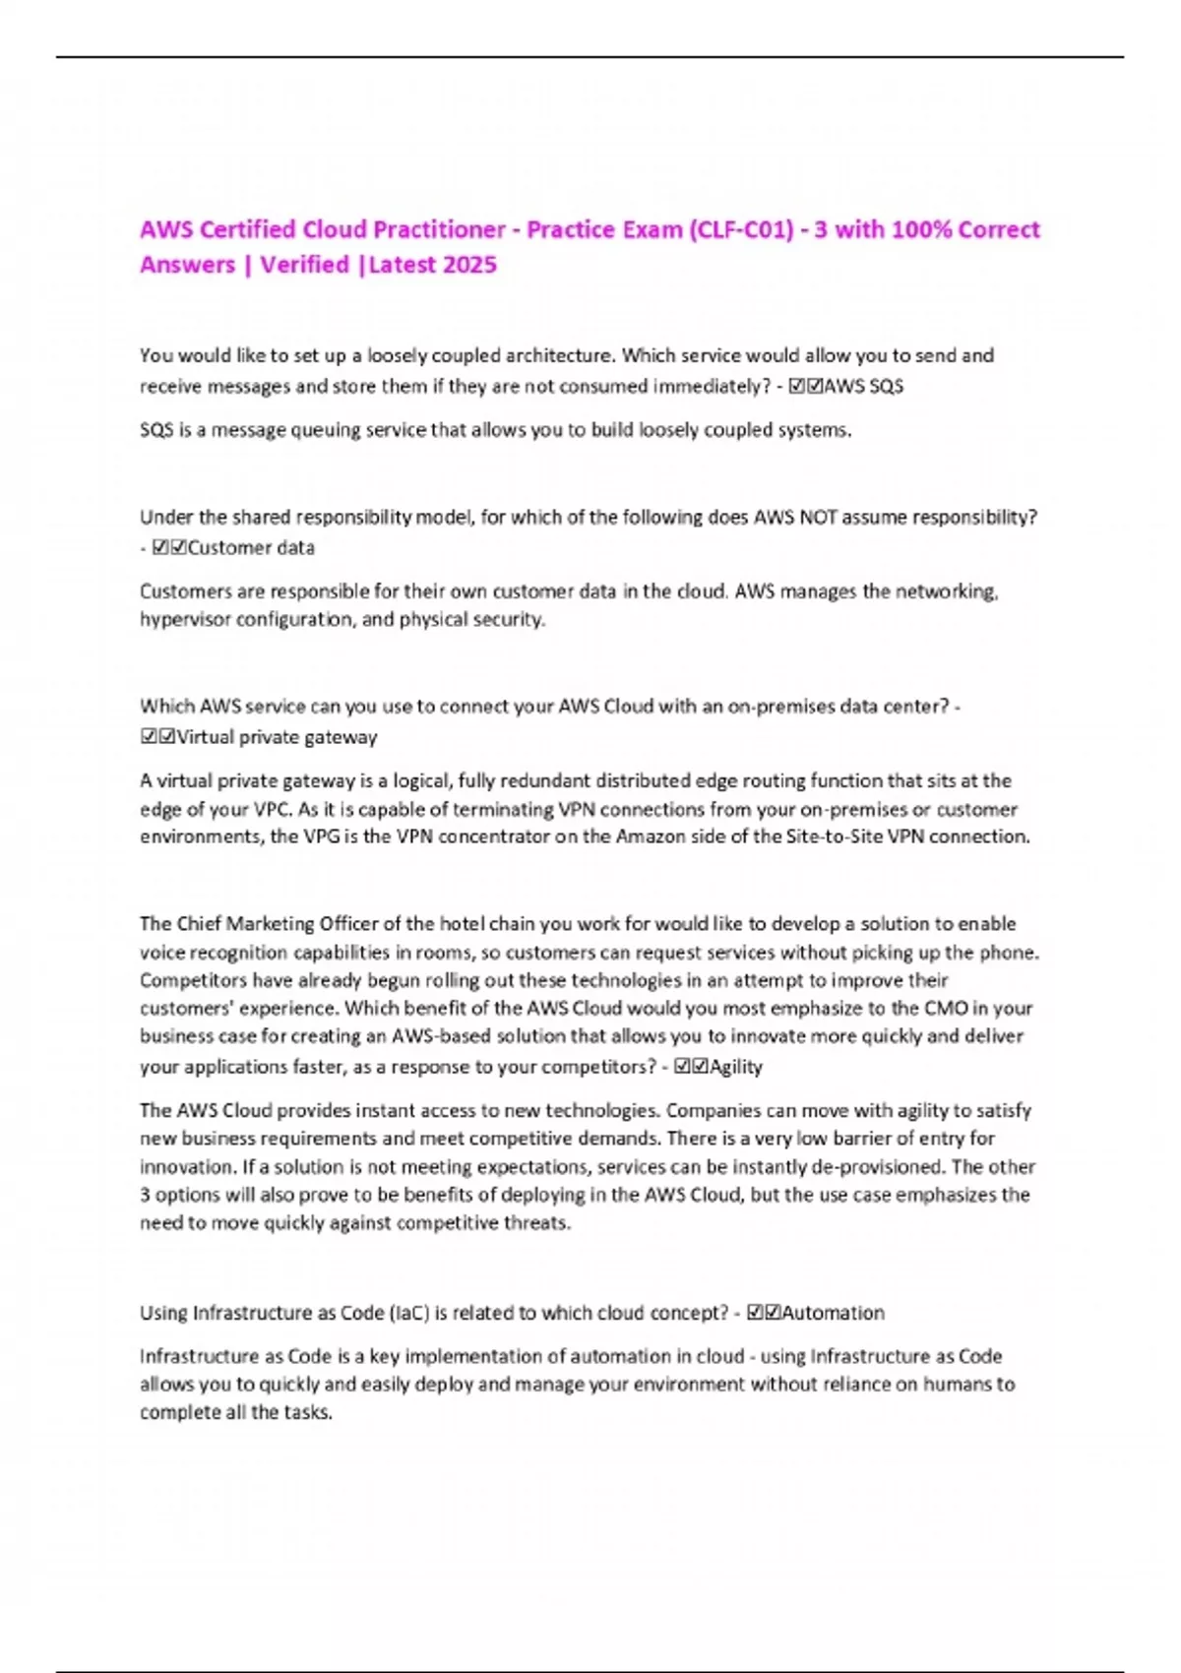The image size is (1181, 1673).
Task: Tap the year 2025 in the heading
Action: pos(469,265)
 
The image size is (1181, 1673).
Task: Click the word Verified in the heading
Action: pos(304,265)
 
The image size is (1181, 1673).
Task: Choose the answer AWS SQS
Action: pos(863,386)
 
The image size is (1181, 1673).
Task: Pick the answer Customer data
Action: pos(250,547)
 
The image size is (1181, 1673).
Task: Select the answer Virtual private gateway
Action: pos(277,736)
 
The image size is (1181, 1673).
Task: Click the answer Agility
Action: pos(735,1066)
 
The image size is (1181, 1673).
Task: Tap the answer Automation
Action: pos(833,1312)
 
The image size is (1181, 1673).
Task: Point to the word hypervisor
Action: pos(185,619)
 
